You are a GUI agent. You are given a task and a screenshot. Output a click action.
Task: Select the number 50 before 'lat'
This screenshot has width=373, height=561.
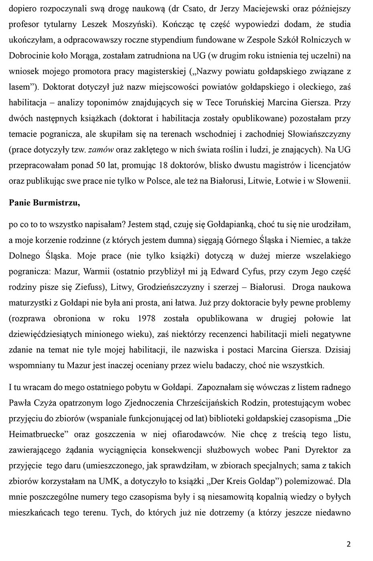tap(101, 165)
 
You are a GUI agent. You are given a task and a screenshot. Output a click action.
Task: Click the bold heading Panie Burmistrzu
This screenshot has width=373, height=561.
tap(44, 202)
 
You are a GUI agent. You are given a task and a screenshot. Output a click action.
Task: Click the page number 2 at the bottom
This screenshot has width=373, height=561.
tap(348, 544)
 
